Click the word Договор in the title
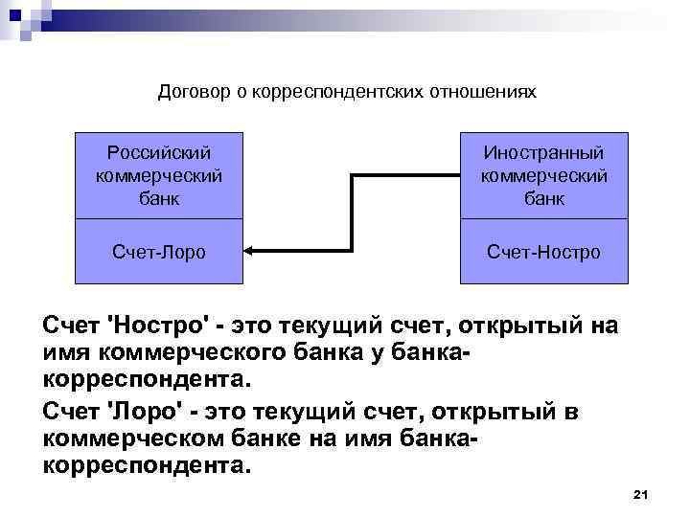coord(190,93)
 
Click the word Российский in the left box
coord(159,153)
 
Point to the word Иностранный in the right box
coord(543,153)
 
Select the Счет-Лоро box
coord(159,252)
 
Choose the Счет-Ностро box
coord(543,252)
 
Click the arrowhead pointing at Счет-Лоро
coord(248,252)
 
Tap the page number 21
coord(642,494)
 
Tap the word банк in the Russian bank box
coord(159,198)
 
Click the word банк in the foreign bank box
coord(543,198)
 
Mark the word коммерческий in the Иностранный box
coord(543,176)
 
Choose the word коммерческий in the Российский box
coord(159,176)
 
